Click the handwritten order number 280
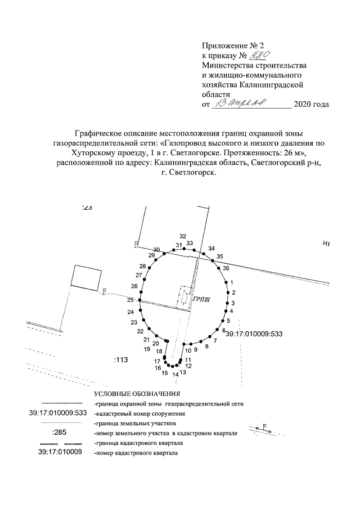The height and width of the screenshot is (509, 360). point(260,55)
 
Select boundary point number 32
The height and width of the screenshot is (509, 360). point(182,236)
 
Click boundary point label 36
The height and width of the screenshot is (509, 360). point(226,269)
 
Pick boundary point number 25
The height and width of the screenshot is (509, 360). point(130,300)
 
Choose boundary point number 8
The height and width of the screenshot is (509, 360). point(207,346)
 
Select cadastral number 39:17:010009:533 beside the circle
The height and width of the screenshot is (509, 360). point(253,334)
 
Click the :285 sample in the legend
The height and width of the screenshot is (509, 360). point(59,433)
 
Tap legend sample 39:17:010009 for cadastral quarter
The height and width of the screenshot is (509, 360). point(60,452)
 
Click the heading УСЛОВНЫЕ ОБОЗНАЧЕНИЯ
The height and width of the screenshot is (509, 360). point(137,394)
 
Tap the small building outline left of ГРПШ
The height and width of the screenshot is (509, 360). point(183,298)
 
